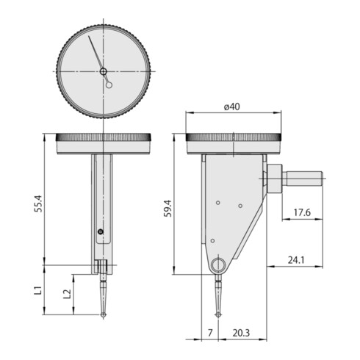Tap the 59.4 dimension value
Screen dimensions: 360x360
pos(168,208)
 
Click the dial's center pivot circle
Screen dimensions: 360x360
pos(104,71)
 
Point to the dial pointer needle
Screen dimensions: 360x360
pos(96,53)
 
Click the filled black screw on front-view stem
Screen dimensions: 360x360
pos(100,234)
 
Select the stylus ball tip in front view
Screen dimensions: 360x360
pos(104,316)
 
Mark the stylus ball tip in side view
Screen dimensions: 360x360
pos(219,316)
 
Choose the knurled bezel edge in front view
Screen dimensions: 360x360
pos(104,137)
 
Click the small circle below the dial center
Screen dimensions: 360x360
pos(109,84)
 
